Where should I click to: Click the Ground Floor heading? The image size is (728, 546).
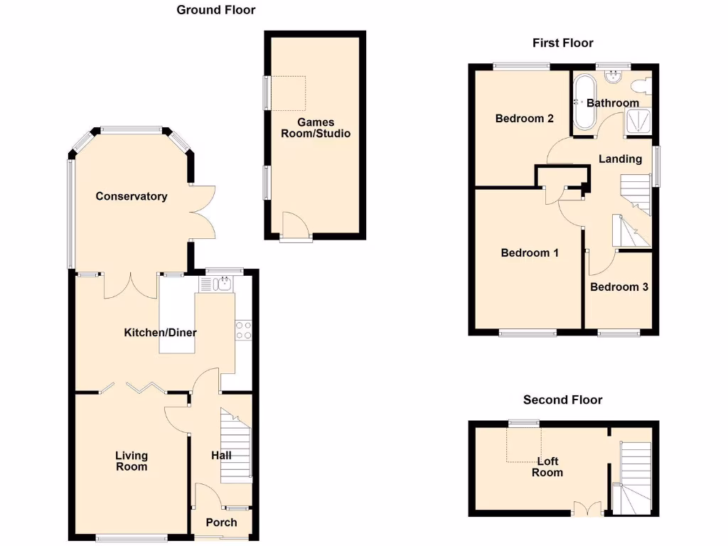click(215, 10)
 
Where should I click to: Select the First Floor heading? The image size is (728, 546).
click(562, 43)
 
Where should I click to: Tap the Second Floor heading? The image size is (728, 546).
click(562, 400)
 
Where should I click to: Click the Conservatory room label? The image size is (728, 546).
click(132, 196)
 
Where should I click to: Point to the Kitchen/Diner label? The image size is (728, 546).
click(160, 333)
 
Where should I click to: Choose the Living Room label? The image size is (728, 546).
click(132, 461)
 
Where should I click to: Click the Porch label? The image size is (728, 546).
click(221, 523)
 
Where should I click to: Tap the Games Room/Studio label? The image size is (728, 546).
click(316, 128)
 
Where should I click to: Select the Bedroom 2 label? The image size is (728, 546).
click(524, 119)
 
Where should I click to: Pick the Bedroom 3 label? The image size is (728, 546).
click(619, 287)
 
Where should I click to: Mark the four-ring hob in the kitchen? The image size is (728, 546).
click(243, 329)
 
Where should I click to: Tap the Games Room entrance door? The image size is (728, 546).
click(294, 227)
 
